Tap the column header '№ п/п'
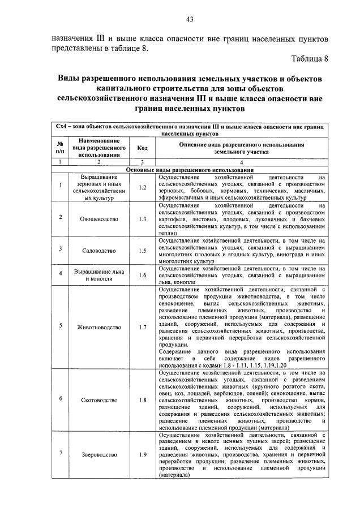pos(61,149)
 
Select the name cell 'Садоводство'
pos(98,250)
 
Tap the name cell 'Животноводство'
pos(98,327)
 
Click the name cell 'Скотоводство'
pos(98,400)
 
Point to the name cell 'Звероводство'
pos(98,455)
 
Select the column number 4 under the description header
pos(241,162)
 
